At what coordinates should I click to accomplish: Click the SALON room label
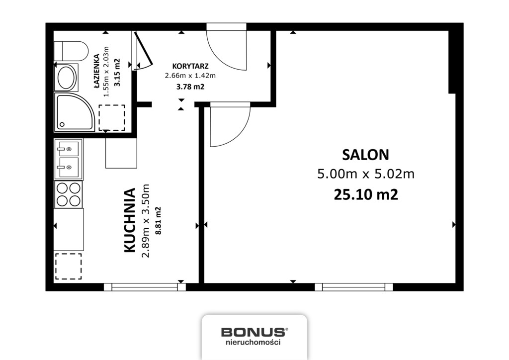click(x=365, y=155)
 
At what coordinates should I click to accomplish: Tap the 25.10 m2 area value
click(x=366, y=195)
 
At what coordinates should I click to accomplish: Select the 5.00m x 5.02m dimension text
click(x=366, y=175)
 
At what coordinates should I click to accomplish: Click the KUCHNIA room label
click(x=130, y=220)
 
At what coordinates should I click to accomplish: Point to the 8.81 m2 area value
click(x=159, y=221)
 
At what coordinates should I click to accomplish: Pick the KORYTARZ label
click(x=190, y=66)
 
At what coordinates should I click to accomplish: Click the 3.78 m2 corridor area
click(x=190, y=87)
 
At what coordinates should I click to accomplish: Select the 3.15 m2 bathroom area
click(x=117, y=72)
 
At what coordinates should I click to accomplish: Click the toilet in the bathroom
click(x=71, y=51)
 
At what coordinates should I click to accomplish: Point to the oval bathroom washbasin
click(x=67, y=78)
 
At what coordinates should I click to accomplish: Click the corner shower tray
click(x=75, y=112)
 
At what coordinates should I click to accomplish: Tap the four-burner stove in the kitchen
click(x=68, y=194)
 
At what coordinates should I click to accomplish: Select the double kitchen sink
click(x=68, y=159)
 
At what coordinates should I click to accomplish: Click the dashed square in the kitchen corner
click(x=68, y=266)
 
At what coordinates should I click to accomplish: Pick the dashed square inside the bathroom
click(x=112, y=117)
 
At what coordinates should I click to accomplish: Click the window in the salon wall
click(x=354, y=287)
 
